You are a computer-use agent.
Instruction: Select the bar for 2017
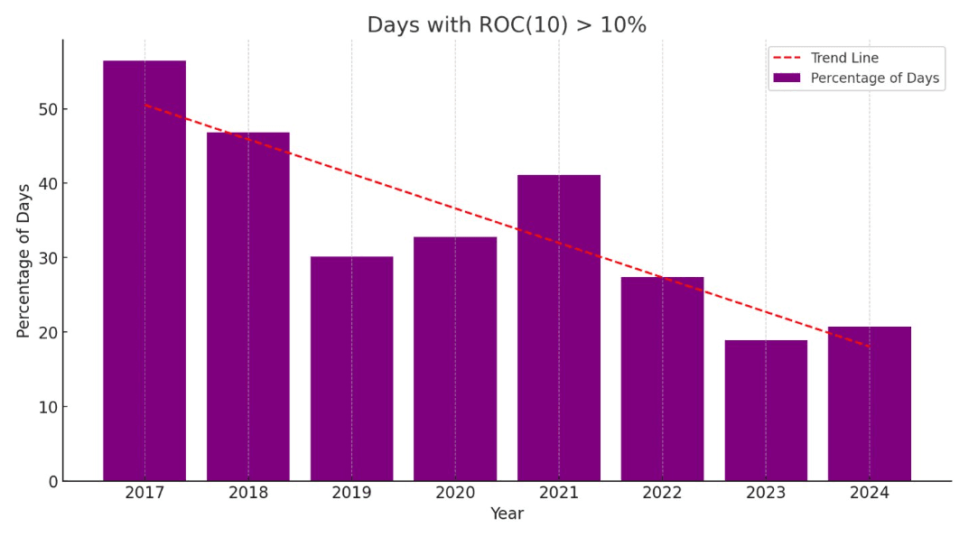click(x=144, y=271)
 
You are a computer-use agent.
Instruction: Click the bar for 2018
click(x=248, y=307)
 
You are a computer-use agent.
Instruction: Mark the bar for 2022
click(x=662, y=379)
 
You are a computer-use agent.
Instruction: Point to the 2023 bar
click(x=766, y=411)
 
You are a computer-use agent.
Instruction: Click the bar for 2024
click(x=870, y=403)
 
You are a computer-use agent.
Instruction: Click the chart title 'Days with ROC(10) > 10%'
click(x=507, y=25)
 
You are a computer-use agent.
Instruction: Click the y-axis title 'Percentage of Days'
click(x=24, y=261)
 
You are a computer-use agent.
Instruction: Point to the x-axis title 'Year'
click(x=507, y=514)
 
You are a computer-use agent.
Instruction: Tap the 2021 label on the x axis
click(x=559, y=493)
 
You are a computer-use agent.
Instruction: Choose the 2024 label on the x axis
click(x=870, y=493)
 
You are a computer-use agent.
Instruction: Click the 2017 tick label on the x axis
click(x=144, y=493)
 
